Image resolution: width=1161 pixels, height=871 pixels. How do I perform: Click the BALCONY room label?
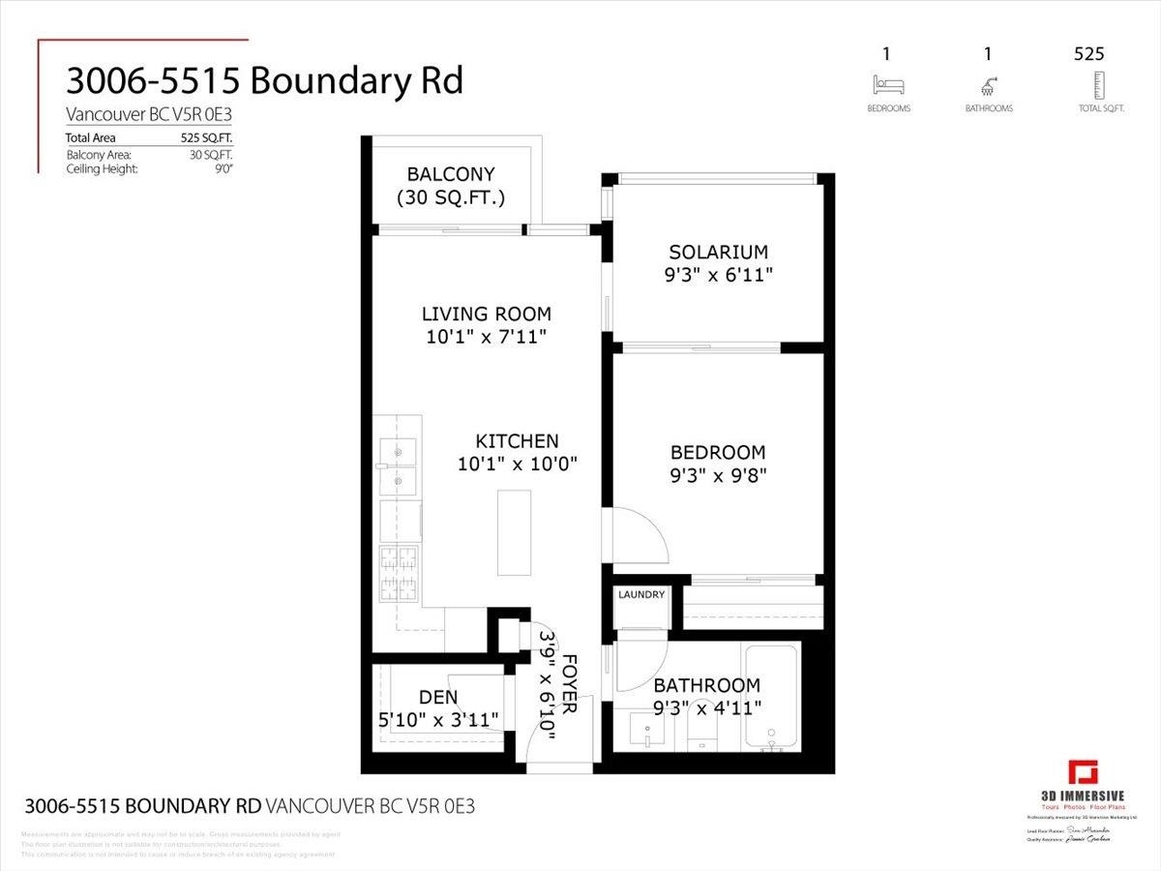[450, 174]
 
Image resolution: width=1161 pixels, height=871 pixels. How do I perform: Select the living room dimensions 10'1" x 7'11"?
[487, 337]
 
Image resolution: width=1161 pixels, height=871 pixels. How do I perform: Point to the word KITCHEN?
[517, 440]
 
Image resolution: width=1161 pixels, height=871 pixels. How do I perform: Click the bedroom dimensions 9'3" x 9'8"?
[718, 475]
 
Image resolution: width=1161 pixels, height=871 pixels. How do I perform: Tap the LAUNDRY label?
[640, 594]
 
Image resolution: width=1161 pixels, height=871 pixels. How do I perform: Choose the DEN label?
[438, 697]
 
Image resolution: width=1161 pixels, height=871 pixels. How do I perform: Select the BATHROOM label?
[707, 685]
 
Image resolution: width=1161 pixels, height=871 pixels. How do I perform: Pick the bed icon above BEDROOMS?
[888, 85]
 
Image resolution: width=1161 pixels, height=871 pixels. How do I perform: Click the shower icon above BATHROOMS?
[988, 85]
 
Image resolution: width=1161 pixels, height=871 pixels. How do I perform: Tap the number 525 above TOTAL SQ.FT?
[1088, 54]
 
